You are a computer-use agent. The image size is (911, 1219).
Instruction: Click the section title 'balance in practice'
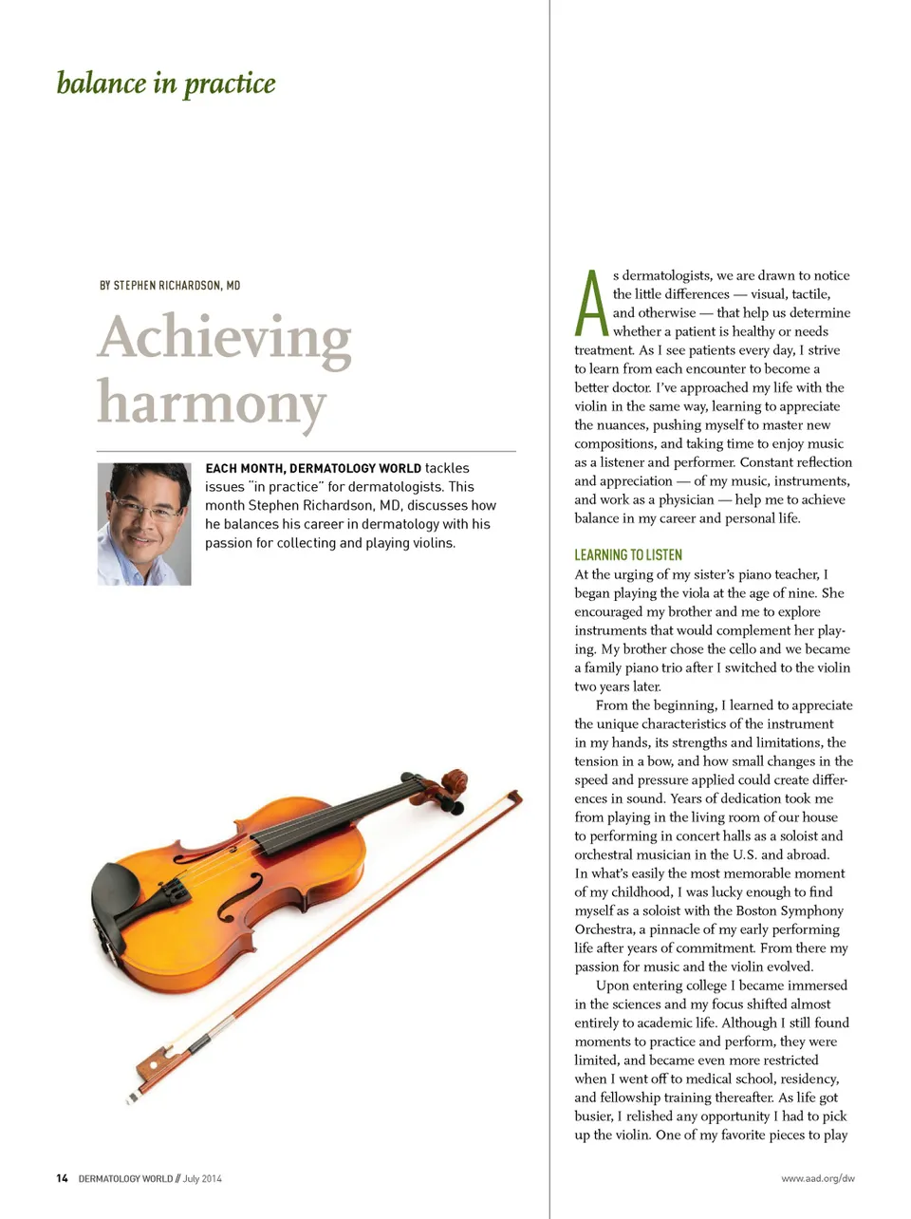coord(166,84)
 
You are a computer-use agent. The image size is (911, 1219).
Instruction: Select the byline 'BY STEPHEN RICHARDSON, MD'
coord(170,285)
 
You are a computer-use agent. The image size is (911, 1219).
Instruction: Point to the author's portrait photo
coord(144,523)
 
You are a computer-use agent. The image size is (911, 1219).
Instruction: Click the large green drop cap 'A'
coord(591,304)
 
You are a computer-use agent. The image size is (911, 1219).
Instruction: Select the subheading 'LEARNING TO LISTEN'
coord(628,554)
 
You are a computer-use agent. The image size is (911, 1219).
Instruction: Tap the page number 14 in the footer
coord(62,1178)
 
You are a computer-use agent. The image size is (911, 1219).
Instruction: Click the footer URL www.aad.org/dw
coord(817,1178)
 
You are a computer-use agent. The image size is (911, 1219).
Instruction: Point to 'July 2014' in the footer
coord(202,1178)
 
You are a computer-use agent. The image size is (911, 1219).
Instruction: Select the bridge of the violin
coord(175,890)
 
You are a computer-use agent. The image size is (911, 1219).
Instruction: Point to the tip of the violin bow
coord(514,797)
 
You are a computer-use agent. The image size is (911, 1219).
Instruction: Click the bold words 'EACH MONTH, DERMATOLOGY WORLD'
coord(313,468)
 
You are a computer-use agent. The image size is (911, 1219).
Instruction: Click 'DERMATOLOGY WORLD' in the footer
coord(125,1178)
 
